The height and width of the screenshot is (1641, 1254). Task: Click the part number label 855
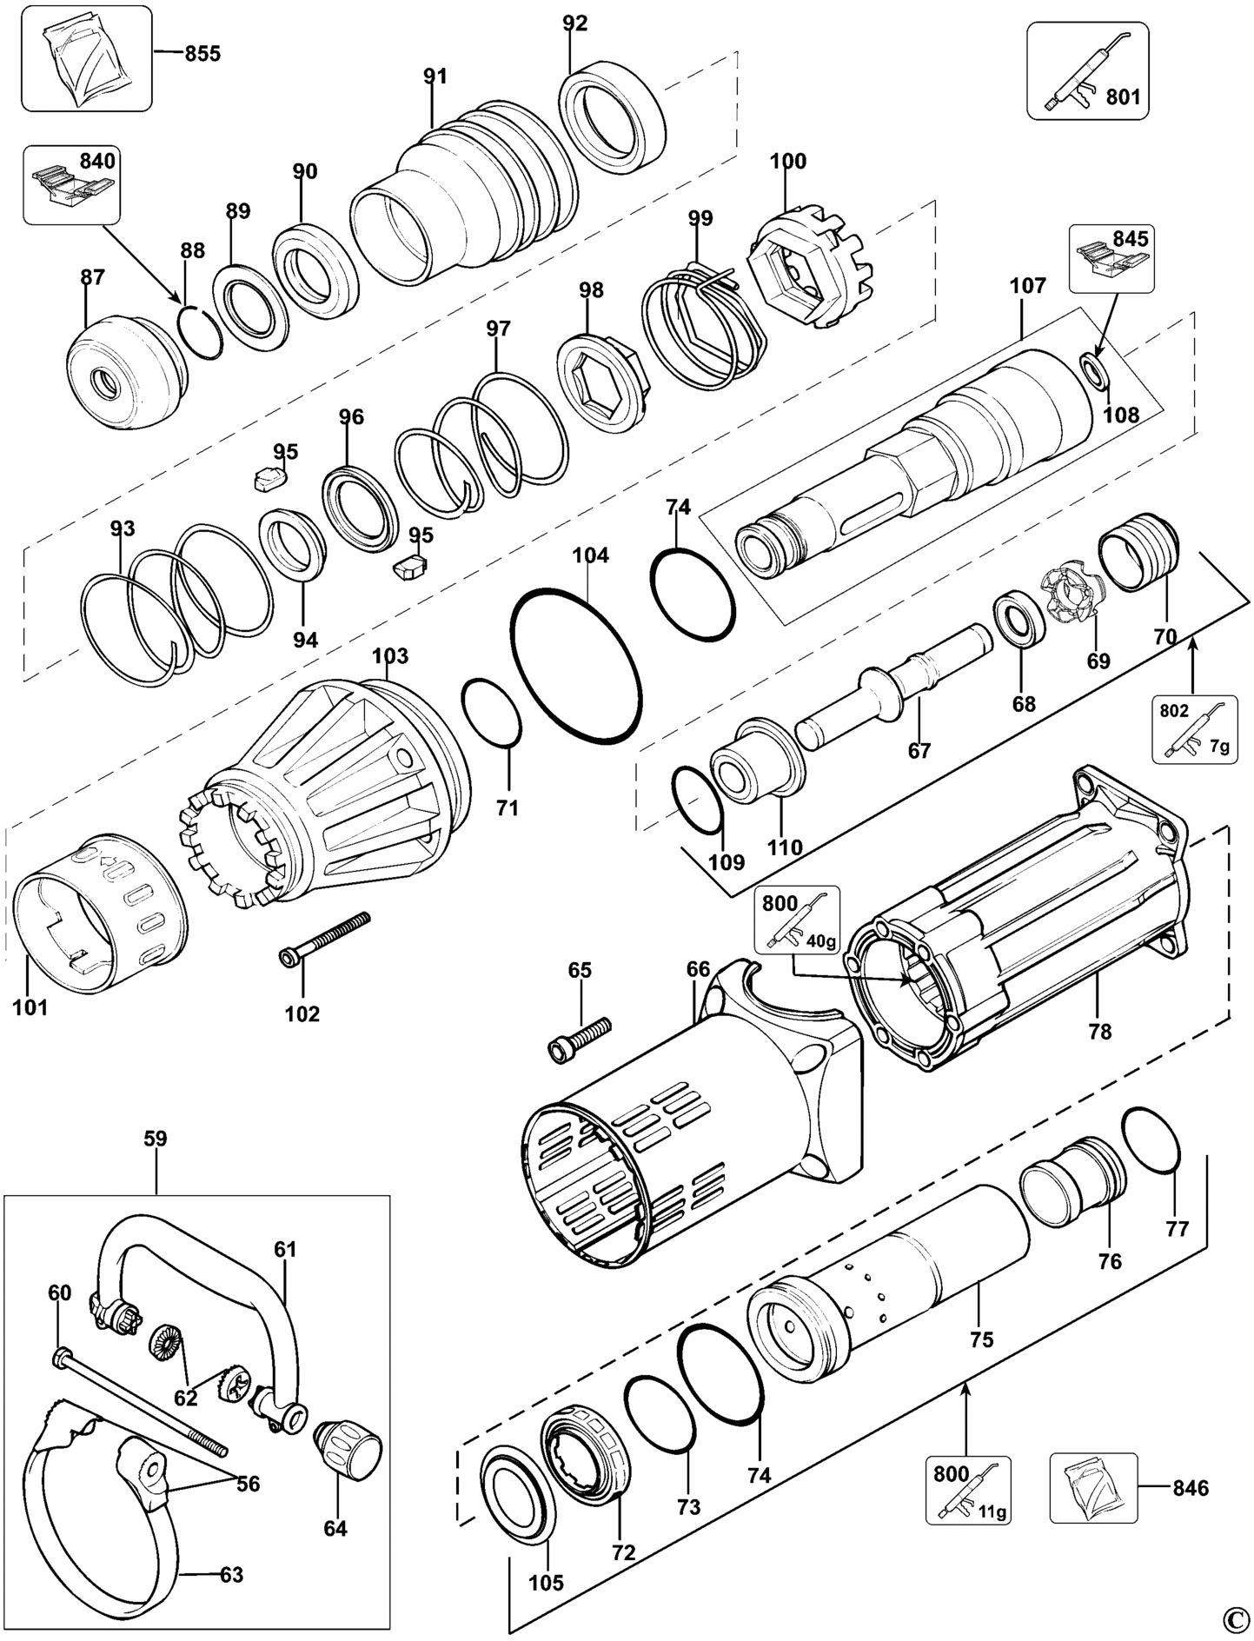pos(202,54)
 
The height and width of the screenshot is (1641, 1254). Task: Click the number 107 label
pos(1027,286)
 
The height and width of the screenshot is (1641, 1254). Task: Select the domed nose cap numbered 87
pos(125,376)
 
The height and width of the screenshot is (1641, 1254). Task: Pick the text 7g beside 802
pos(1218,747)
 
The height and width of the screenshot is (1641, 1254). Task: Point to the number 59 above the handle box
pos(156,1139)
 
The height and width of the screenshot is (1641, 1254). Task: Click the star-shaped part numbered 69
pos(1072,595)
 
